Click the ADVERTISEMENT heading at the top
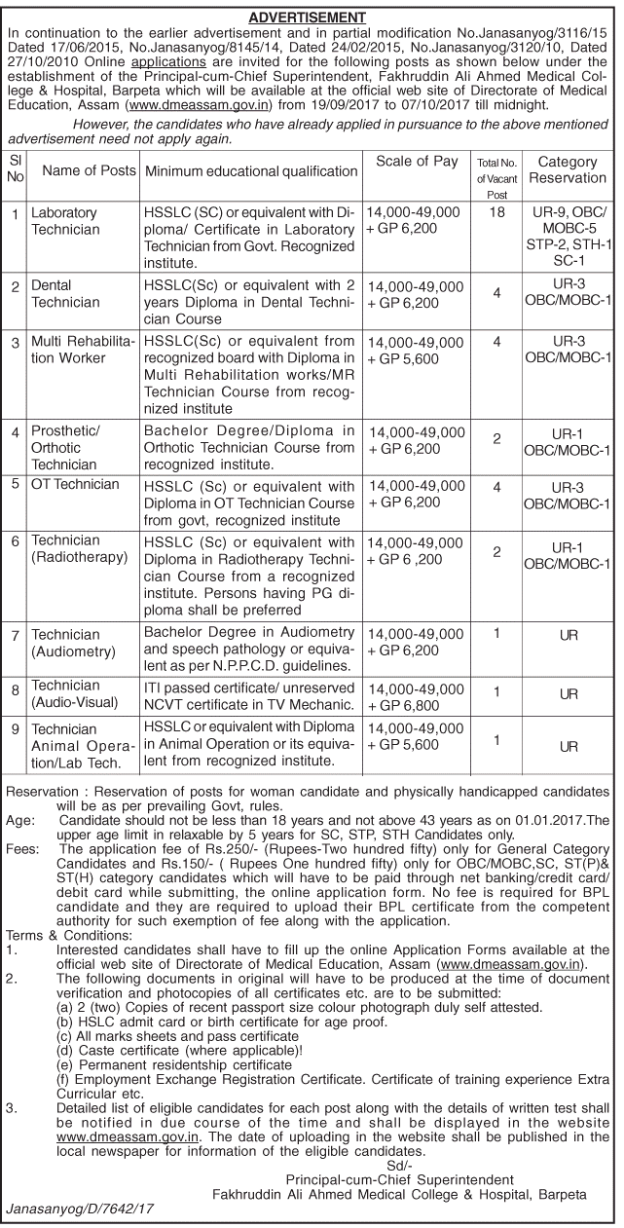pos(307,18)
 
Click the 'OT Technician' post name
pos(75,484)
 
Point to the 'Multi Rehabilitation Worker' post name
pos(83,352)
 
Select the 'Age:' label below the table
pos(20,820)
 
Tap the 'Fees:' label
pos(23,849)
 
